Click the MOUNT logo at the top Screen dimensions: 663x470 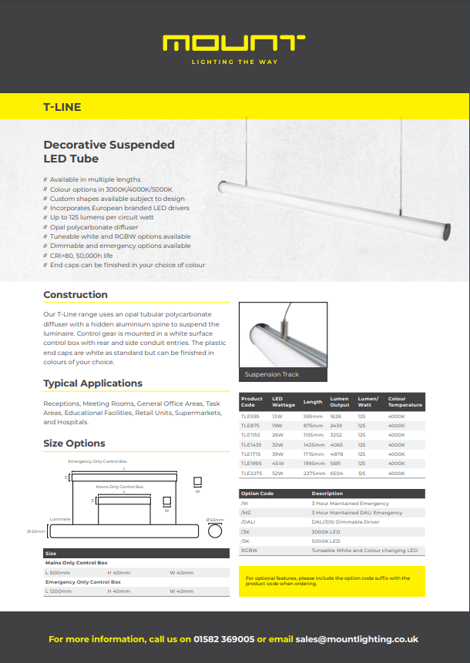234,43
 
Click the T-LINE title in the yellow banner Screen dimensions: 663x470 62,107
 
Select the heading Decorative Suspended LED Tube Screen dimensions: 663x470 109,151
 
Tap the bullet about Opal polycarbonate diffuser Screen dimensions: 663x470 94,227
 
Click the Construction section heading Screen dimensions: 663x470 76,295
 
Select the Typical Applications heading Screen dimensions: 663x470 92,383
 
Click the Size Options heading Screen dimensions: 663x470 74,444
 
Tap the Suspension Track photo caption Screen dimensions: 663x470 271,374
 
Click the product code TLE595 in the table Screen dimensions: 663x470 250,416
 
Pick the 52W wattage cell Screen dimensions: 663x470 278,474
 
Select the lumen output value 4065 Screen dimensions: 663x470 337,444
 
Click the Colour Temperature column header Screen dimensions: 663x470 405,401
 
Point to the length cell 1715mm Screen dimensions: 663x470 313,454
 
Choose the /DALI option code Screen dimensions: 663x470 248,522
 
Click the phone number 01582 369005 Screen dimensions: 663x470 224,639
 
